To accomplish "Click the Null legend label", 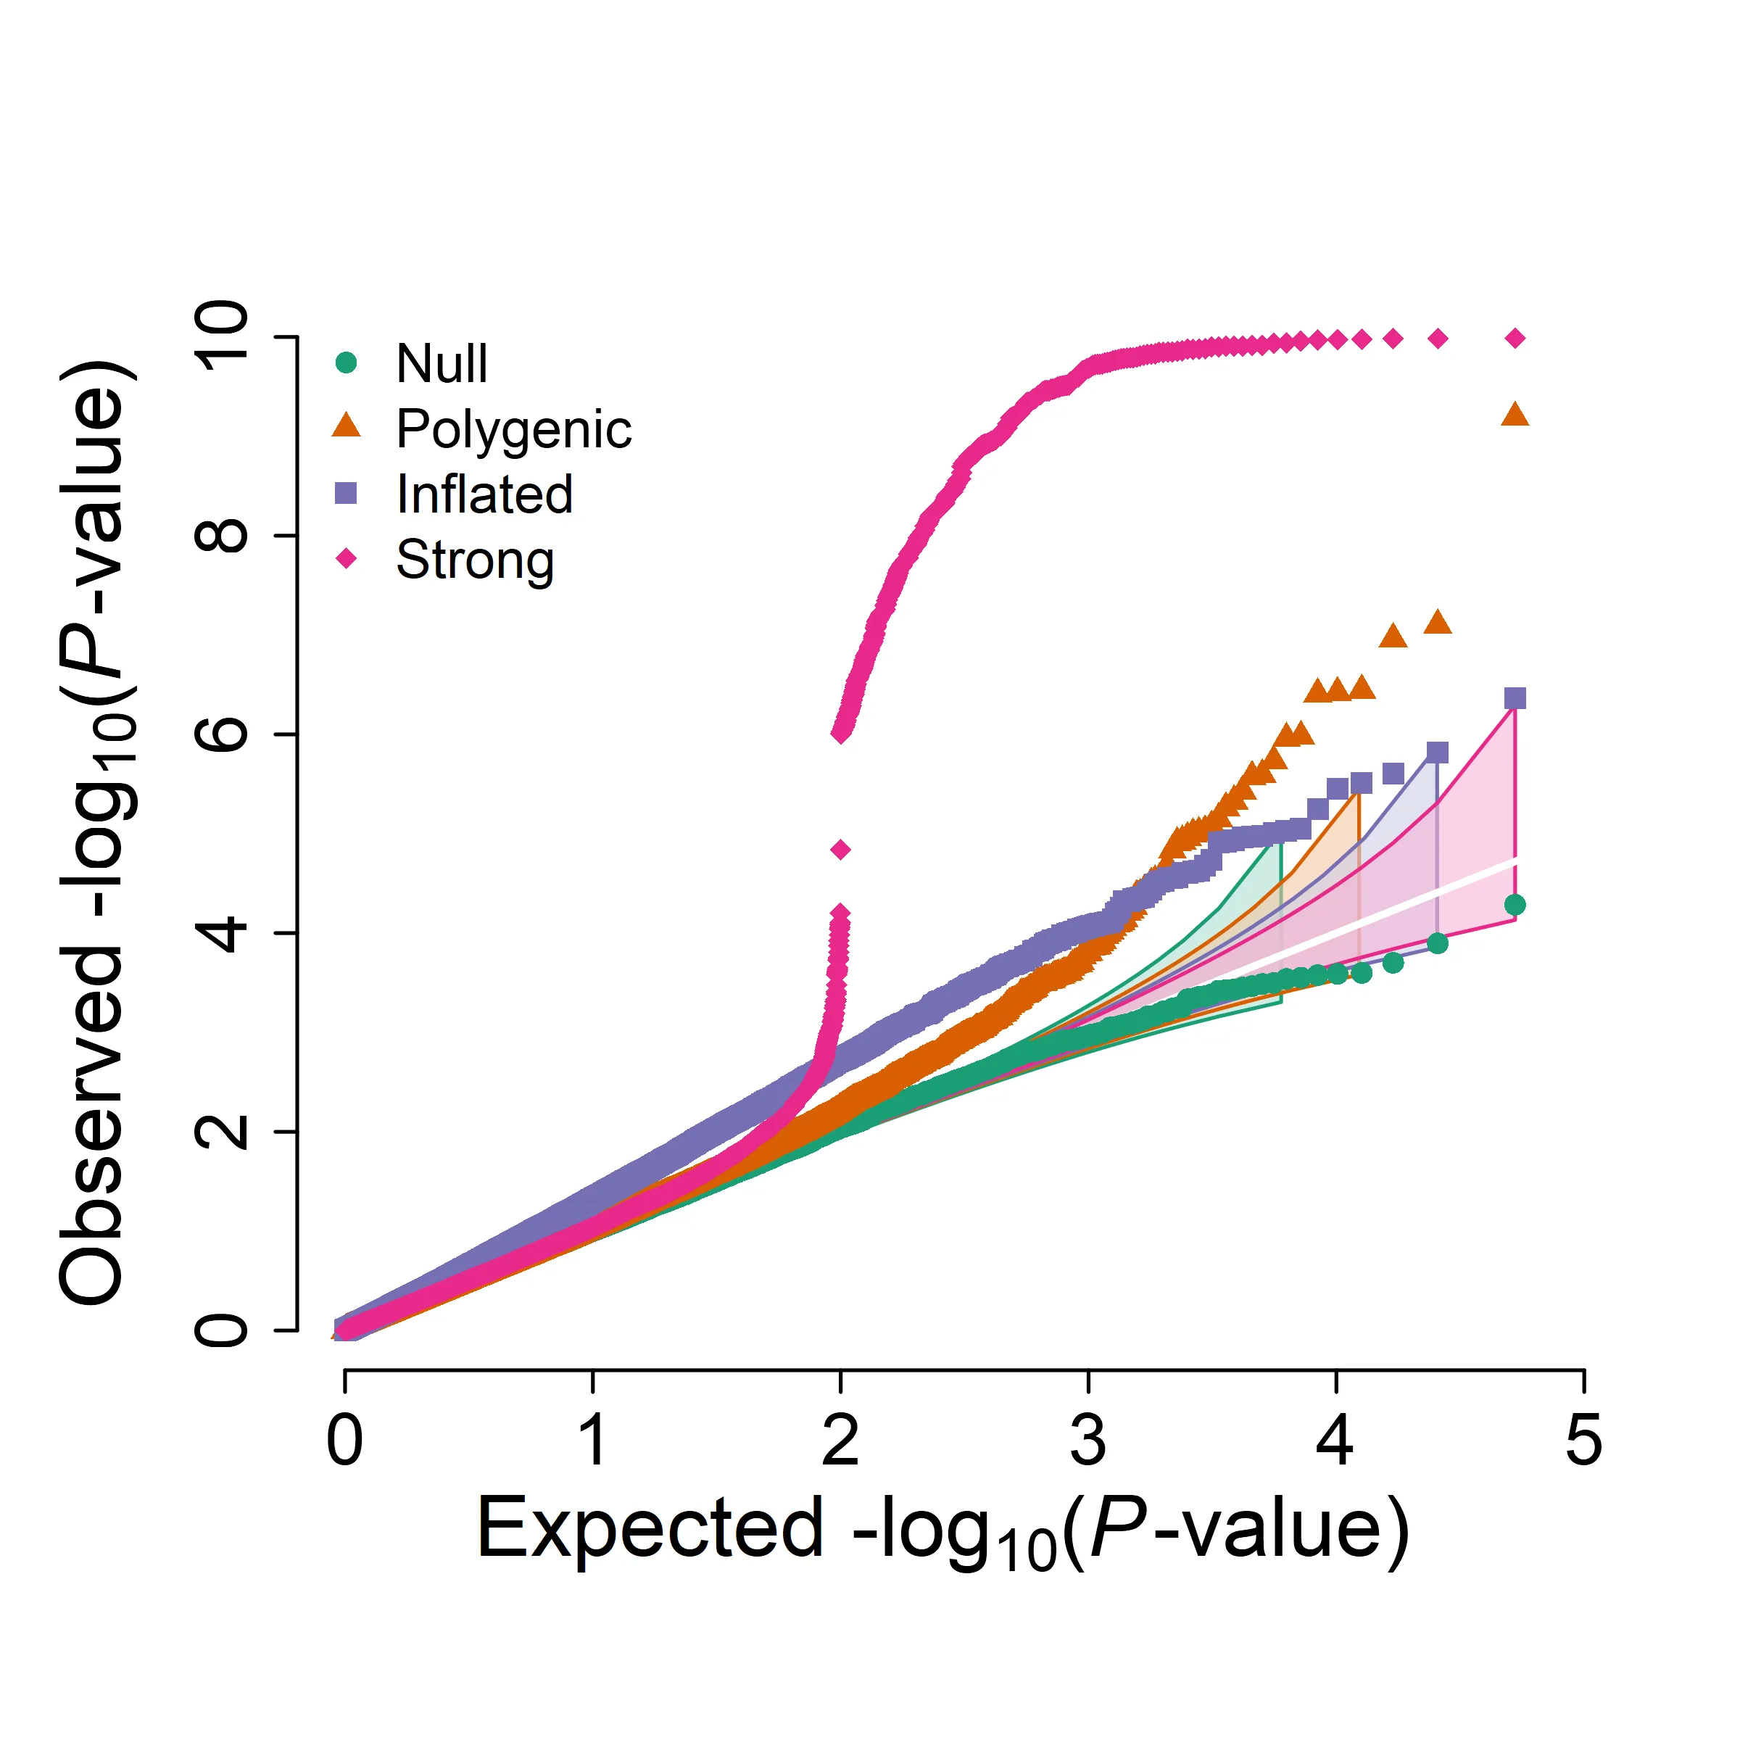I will pos(442,364).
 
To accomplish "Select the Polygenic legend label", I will pos(513,430).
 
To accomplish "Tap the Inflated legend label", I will pos(484,494).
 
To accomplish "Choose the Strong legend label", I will pos(475,560).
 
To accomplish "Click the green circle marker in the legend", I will pos(346,363).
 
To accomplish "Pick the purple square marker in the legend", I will pos(346,494).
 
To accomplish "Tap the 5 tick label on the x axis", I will pos(1583,1440).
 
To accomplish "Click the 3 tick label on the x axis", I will pos(1088,1440).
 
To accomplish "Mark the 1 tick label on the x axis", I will pos(592,1440).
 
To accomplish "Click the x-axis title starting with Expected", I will pos(942,1531).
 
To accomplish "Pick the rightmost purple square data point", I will pos(1515,698).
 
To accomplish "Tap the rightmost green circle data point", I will pos(1515,905).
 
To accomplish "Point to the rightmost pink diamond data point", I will pos(1515,339).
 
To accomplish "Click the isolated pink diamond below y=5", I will pos(840,849).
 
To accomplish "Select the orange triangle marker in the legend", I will pos(346,427).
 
